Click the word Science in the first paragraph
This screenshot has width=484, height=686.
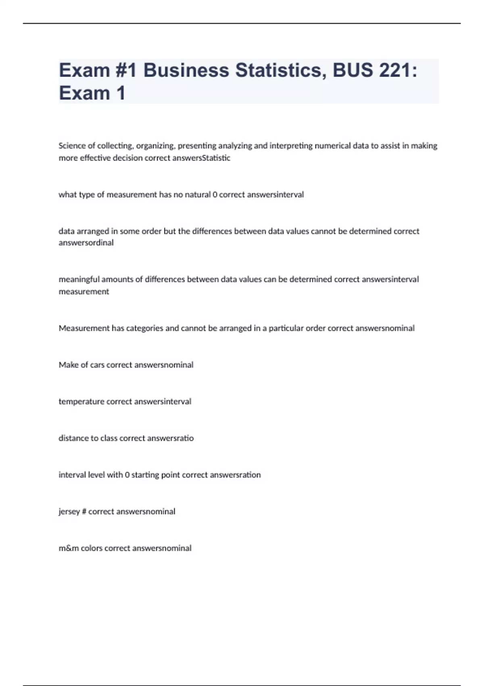tap(71, 146)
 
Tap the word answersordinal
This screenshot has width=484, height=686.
tap(86, 243)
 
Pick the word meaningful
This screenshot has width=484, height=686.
tap(79, 279)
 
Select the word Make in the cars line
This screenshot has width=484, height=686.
tap(68, 365)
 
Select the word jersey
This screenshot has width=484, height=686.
tap(69, 512)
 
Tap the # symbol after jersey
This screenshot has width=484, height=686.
tap(84, 512)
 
